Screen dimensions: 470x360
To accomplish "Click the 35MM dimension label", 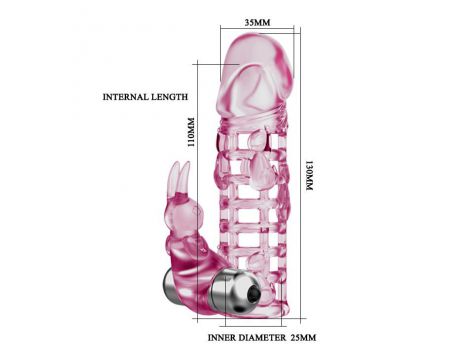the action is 257,22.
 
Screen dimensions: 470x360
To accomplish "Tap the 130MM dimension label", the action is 309,176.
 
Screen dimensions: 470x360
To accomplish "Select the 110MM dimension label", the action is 191,133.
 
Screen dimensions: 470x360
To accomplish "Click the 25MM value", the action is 303,338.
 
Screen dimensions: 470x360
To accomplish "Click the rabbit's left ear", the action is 174,177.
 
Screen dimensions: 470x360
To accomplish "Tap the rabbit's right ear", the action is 184,177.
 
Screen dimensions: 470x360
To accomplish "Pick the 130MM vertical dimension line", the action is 301,173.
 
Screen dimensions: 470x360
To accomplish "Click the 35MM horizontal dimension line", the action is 257,29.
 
